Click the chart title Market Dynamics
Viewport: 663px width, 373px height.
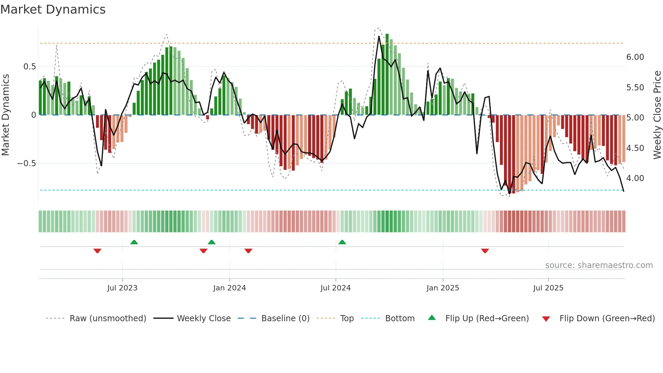pyautogui.click(x=53, y=9)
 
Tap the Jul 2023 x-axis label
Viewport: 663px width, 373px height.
pyautogui.click(x=122, y=288)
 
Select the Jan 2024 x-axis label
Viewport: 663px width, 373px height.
pyautogui.click(x=229, y=288)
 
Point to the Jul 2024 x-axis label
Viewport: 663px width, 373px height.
pyautogui.click(x=335, y=288)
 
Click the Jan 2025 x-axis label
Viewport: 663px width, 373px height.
pyautogui.click(x=442, y=288)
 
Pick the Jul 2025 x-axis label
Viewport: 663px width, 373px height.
pyautogui.click(x=548, y=288)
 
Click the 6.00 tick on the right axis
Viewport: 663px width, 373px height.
pyautogui.click(x=635, y=57)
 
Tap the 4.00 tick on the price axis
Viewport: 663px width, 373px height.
pyautogui.click(x=635, y=178)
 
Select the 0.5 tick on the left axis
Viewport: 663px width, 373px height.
pyautogui.click(x=29, y=67)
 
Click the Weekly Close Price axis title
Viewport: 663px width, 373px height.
pyautogui.click(x=657, y=115)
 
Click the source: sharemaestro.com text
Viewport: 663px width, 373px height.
pyautogui.click(x=599, y=265)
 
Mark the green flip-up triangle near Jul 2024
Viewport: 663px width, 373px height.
pyautogui.click(x=342, y=242)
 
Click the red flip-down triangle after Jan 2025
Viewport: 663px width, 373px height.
pyautogui.click(x=485, y=251)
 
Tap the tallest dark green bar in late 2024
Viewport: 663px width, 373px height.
pyautogui.click(x=387, y=74)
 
